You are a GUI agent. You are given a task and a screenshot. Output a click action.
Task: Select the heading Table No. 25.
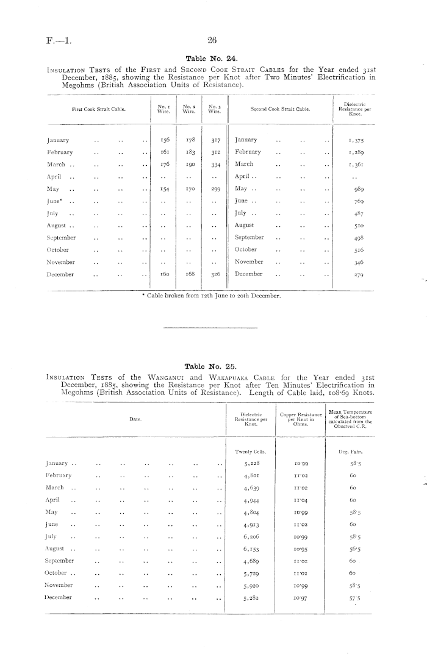(212, 366)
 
